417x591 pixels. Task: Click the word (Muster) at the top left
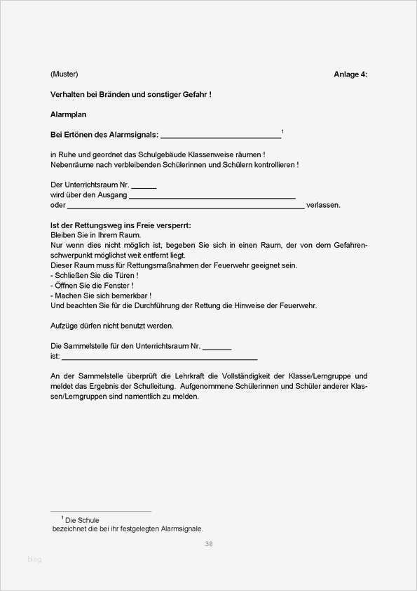click(64, 74)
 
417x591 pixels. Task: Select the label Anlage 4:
click(350, 74)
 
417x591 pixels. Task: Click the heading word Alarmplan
click(68, 114)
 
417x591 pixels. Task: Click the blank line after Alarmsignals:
click(221, 135)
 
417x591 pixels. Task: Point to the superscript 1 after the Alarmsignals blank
click(282, 131)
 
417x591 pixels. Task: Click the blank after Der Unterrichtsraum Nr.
click(144, 186)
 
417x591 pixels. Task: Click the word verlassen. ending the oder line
click(323, 205)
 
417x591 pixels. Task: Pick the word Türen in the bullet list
click(116, 276)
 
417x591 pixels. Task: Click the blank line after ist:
click(160, 357)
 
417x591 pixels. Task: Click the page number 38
click(209, 544)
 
